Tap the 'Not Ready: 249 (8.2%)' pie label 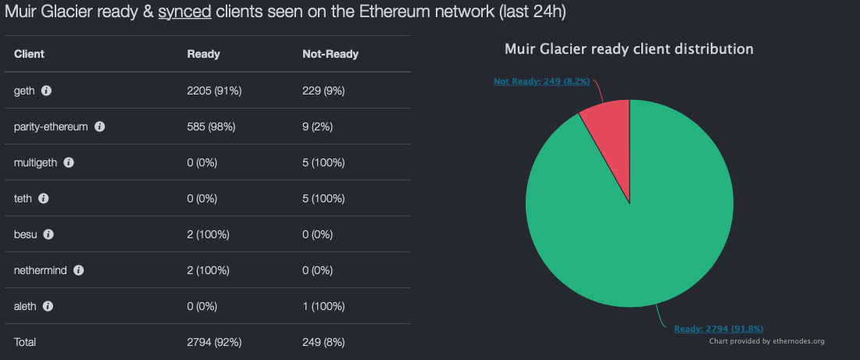pyautogui.click(x=541, y=80)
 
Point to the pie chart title pyautogui.click(x=629, y=49)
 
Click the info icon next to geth pyautogui.click(x=46, y=91)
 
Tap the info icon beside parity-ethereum pyautogui.click(x=99, y=127)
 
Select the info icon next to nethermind pyautogui.click(x=78, y=270)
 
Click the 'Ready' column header pyautogui.click(x=203, y=54)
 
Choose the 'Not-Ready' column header pyautogui.click(x=330, y=54)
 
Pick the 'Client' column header pyautogui.click(x=29, y=54)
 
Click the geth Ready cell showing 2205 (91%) pyautogui.click(x=214, y=91)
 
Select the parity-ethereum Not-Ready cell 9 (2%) pyautogui.click(x=318, y=127)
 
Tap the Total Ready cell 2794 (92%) pyautogui.click(x=214, y=342)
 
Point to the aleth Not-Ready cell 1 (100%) pyautogui.click(x=323, y=306)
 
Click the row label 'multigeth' pyautogui.click(x=35, y=162)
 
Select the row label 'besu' pyautogui.click(x=26, y=234)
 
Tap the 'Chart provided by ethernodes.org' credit pyautogui.click(x=766, y=341)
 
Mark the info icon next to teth pyautogui.click(x=44, y=198)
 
